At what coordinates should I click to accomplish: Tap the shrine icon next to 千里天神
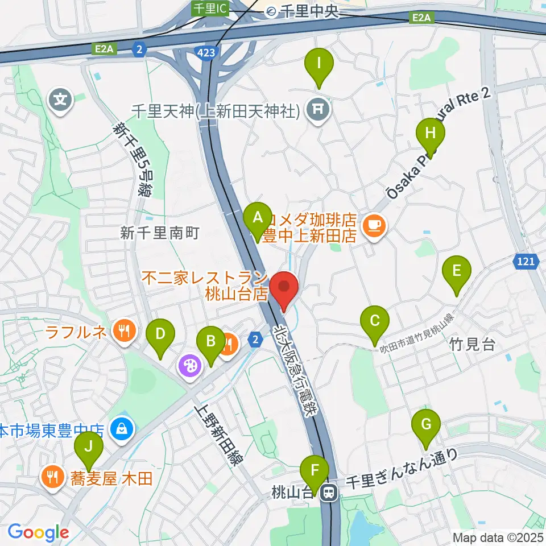[317, 110]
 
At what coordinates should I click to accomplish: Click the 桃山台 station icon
[328, 493]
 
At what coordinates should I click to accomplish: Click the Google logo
[38, 532]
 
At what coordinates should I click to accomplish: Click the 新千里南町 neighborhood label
[160, 232]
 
